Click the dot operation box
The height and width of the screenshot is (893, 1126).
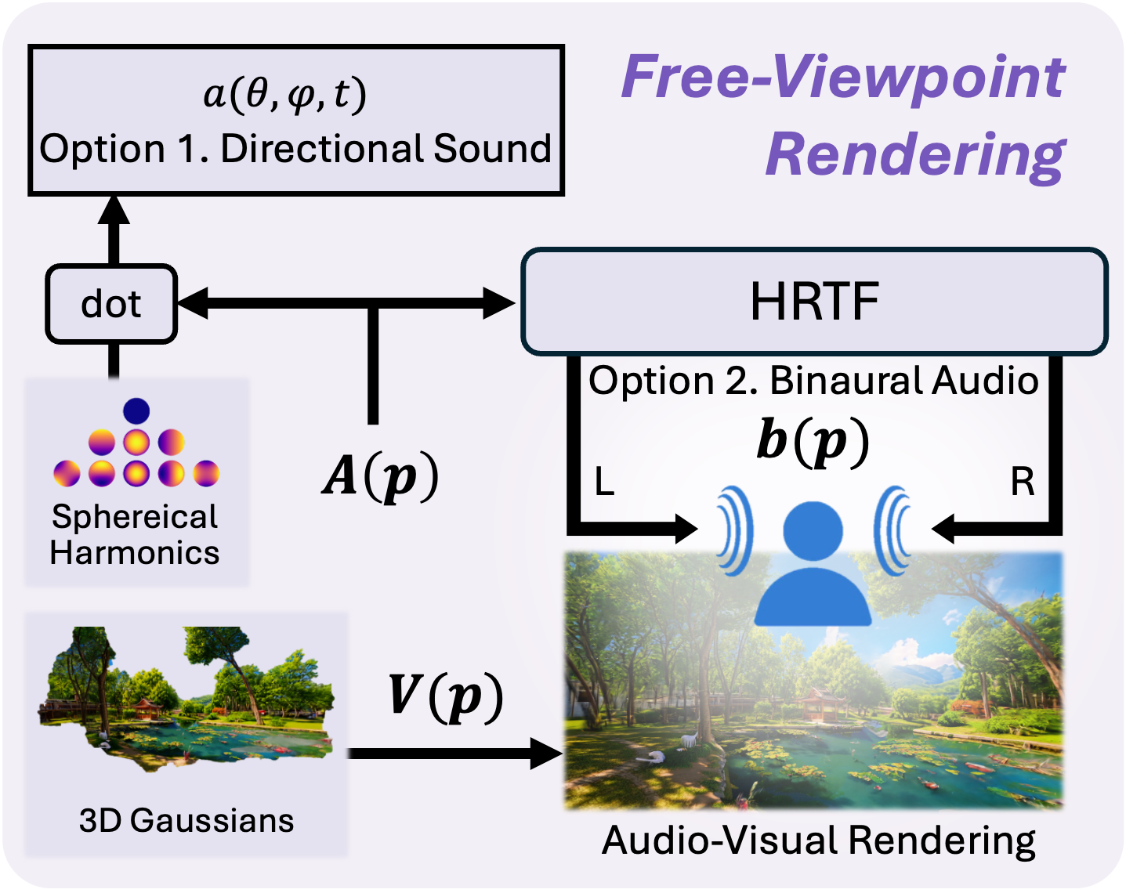click(111, 304)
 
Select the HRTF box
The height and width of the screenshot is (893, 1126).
click(814, 302)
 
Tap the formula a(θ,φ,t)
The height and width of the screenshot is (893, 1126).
click(284, 95)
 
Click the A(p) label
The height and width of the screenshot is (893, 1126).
click(380, 475)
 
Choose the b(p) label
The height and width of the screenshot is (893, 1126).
click(813, 440)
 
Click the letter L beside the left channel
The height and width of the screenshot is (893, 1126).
click(603, 482)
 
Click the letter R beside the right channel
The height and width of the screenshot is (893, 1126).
click(1022, 482)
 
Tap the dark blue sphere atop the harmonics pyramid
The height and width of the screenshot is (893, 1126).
click(136, 410)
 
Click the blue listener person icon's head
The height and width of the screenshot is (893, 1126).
click(813, 530)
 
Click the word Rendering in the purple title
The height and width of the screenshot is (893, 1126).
click(915, 154)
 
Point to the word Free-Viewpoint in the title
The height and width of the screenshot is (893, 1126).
click(842, 77)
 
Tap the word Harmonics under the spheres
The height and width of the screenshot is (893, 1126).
click(135, 553)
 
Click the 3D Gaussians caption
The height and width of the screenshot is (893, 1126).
click(186, 820)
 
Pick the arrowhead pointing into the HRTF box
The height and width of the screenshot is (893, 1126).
click(499, 303)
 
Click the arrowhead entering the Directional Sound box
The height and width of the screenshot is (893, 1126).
click(114, 210)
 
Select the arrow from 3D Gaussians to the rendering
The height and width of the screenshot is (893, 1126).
click(454, 754)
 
